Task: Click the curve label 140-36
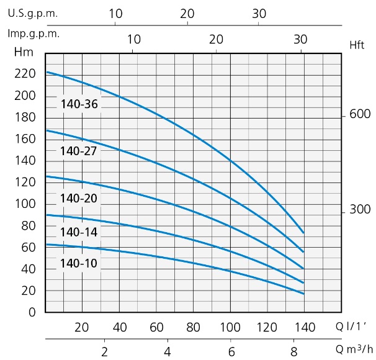(79, 104)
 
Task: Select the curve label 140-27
(79, 150)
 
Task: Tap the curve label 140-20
(79, 199)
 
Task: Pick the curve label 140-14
(79, 232)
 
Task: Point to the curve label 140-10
(79, 263)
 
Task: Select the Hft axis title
(357, 45)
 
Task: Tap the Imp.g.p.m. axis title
(34, 34)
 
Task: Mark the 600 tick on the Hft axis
(360, 115)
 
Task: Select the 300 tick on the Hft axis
(360, 209)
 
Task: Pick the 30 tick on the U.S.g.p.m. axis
(259, 13)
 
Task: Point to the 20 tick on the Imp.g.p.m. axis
(216, 38)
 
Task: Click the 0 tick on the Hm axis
(32, 312)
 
